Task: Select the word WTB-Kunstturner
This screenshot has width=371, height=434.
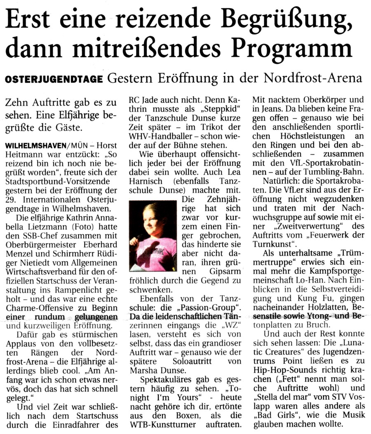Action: [x=162, y=423]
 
